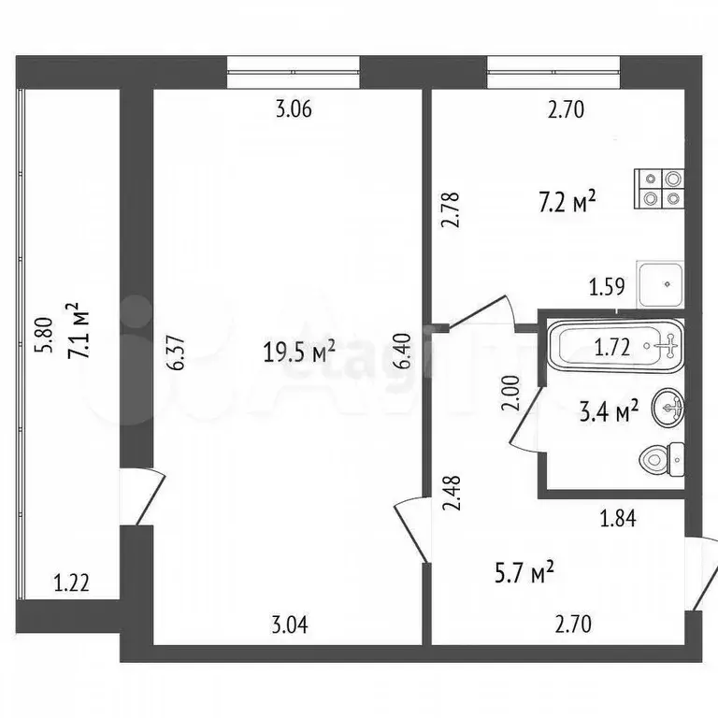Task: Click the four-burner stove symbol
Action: pyautogui.click(x=660, y=190)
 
